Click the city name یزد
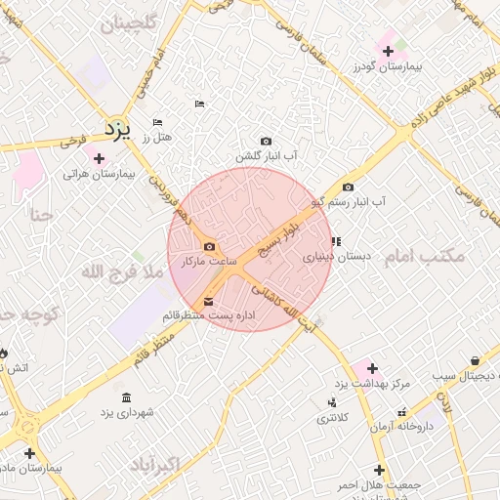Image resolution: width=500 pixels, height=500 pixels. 117,129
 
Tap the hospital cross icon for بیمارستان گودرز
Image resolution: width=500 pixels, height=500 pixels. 389,51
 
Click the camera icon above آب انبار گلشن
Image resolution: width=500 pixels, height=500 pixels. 266,142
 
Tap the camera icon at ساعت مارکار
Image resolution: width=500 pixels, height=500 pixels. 209,247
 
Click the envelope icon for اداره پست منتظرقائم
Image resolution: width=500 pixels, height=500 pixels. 208,301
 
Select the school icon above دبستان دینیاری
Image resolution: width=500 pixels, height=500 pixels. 336,240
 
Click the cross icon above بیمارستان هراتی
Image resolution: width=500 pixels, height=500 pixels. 98,157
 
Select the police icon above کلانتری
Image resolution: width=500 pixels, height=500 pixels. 333,402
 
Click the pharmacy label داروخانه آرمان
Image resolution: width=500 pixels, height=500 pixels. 423,427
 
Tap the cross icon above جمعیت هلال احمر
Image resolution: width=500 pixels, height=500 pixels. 379,470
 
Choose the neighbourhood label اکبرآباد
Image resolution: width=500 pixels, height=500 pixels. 181,463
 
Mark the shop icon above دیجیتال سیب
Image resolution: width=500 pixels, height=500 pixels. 474,360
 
